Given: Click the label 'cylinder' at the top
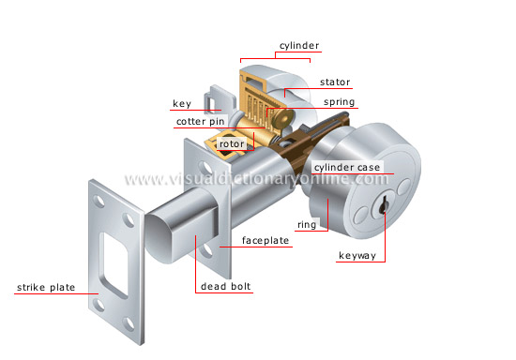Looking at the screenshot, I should [x=299, y=44].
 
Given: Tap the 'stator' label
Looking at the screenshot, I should [x=335, y=82].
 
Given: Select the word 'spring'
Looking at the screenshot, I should [x=338, y=101].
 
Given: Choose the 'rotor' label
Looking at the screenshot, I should [x=232, y=143].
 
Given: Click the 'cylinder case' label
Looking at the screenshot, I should [x=347, y=167].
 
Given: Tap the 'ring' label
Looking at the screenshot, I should [x=306, y=224].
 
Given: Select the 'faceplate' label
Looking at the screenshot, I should [x=266, y=241].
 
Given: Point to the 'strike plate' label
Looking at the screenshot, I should [x=44, y=287].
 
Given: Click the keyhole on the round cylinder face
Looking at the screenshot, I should [x=383, y=204].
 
